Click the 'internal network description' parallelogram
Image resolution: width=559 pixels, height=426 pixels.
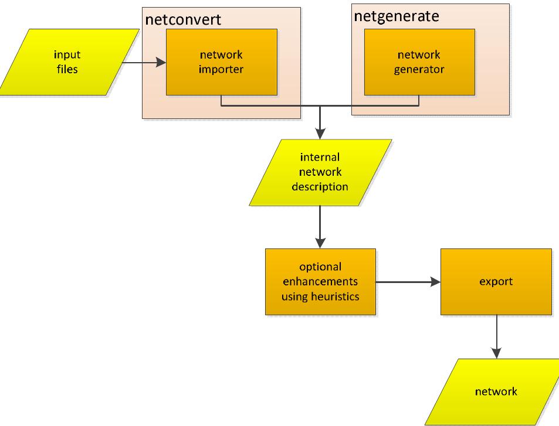[x=320, y=172]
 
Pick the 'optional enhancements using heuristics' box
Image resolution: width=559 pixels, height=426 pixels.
[x=320, y=281]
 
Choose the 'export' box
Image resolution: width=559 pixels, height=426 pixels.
[x=496, y=281]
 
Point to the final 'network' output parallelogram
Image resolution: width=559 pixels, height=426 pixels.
[x=496, y=391]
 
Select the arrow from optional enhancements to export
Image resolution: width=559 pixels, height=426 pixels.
[x=408, y=282]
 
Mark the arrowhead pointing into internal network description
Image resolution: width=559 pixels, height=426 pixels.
[x=320, y=132]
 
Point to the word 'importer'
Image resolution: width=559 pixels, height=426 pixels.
[x=221, y=69]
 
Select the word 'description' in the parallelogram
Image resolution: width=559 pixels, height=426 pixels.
[x=320, y=188]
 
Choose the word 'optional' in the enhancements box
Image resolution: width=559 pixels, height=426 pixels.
[x=320, y=267]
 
